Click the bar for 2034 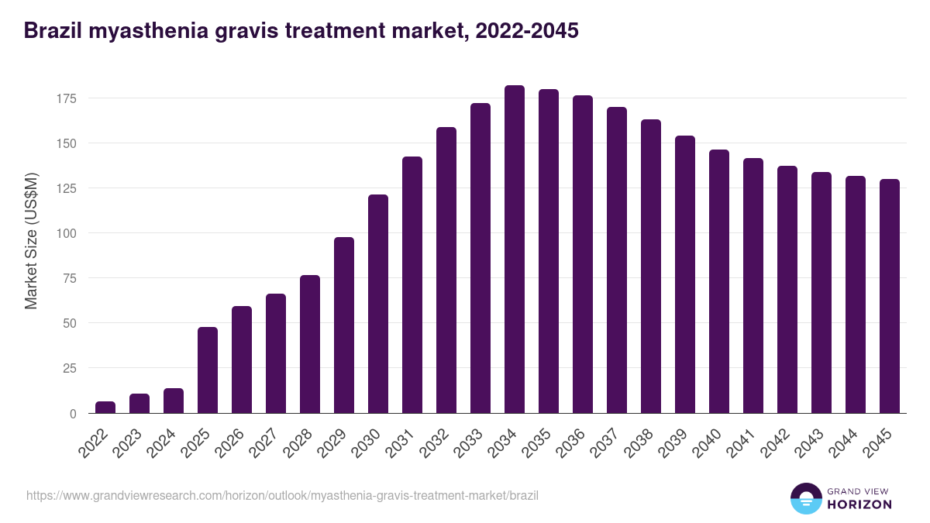[515, 249]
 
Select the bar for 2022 [105, 407]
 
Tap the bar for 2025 [208, 370]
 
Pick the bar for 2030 [378, 304]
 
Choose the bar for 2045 [890, 296]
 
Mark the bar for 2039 [685, 274]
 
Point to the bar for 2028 [310, 344]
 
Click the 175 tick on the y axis [66, 98]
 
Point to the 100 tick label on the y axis [66, 233]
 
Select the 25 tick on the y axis [69, 368]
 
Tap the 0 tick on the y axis [73, 413]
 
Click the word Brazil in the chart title [56, 31]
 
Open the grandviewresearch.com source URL [282, 495]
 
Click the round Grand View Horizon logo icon [806, 498]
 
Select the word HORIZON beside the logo [859, 504]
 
